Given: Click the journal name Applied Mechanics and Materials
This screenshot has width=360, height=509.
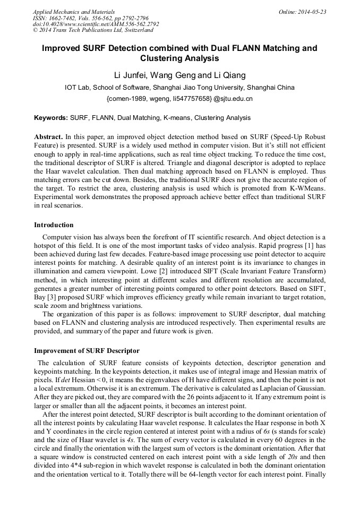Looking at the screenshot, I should click(x=67, y=12).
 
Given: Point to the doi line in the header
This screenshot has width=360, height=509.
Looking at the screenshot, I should click(x=96, y=24).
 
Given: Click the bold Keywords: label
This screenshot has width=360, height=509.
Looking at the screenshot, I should click(x=51, y=118).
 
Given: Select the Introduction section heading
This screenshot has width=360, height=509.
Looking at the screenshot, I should click(x=54, y=225).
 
